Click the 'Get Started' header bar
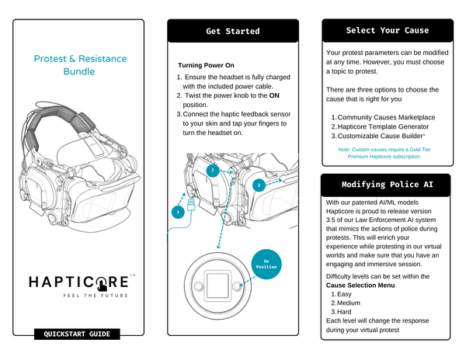coord(232,31)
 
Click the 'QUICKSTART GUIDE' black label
coord(77,334)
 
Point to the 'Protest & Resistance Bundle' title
coord(80,65)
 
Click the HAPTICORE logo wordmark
coord(78,280)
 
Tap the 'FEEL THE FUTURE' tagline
coord(91,296)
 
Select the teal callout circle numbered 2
coord(211,170)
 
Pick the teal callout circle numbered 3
coord(258,185)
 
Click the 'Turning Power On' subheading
coord(206,65)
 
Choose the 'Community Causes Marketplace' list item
coord(386,117)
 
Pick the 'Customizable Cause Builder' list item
coord(381,136)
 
